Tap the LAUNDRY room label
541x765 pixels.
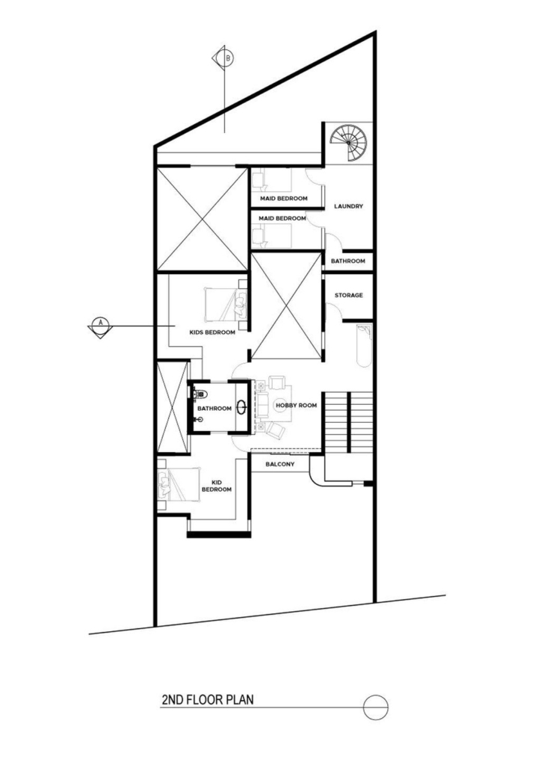click(x=348, y=206)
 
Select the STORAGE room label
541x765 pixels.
click(x=348, y=295)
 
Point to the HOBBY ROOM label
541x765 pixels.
click(x=296, y=406)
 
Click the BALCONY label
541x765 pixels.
click(x=280, y=464)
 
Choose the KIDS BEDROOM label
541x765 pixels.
click(x=212, y=332)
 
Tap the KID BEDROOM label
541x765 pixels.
click(x=216, y=486)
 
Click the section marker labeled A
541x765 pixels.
click(x=100, y=326)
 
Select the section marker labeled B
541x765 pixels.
click(x=224, y=58)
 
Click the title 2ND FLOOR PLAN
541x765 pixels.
click(x=207, y=699)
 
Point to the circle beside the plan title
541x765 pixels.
click(x=376, y=707)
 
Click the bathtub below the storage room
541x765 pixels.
click(x=364, y=345)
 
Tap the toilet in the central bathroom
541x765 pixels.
click(x=200, y=393)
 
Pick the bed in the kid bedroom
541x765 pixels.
click(x=179, y=484)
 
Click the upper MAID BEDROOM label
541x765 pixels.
click(x=283, y=199)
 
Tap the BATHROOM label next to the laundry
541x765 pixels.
click(x=348, y=261)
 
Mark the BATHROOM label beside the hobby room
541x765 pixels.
click(x=214, y=409)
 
